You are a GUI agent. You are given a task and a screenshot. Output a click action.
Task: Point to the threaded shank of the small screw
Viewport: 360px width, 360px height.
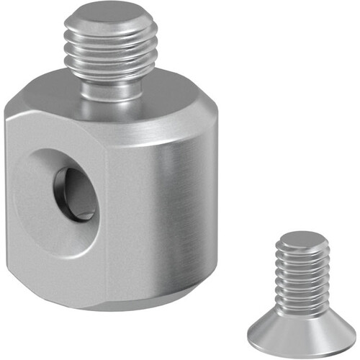pyautogui.click(x=302, y=277)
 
